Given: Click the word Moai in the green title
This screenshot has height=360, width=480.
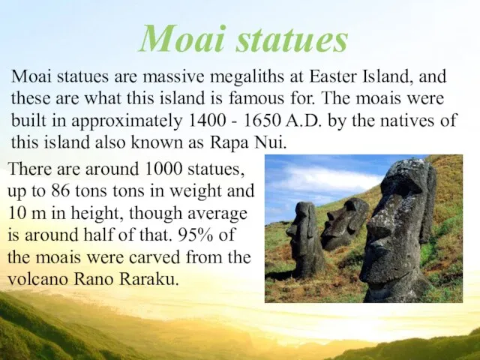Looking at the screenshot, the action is coord(182,38).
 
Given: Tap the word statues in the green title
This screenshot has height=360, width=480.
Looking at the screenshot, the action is coord(292,39).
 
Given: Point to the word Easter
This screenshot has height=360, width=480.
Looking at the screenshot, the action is coord(333,76).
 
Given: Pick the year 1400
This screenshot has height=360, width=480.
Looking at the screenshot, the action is coord(207,121).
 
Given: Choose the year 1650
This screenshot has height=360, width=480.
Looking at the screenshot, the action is coord(262,121).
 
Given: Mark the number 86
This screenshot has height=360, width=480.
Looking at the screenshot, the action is coord(61,190).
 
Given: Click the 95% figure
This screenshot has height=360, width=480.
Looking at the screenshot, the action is coord(195,235).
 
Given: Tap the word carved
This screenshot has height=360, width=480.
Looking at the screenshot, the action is coord(154,257).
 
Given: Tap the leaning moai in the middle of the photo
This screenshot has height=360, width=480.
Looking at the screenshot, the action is coord(344,223).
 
